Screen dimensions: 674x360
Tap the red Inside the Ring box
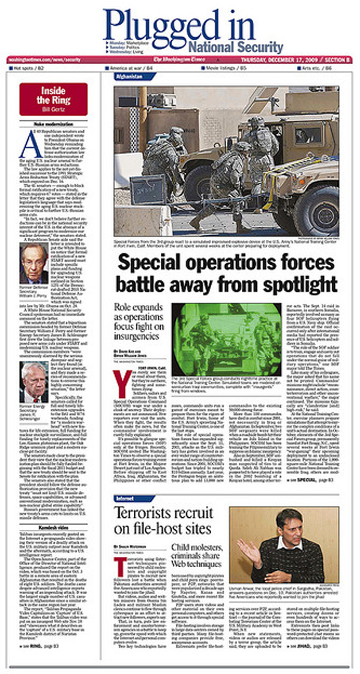click(53, 98)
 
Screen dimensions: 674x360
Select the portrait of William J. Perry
click(34, 262)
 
